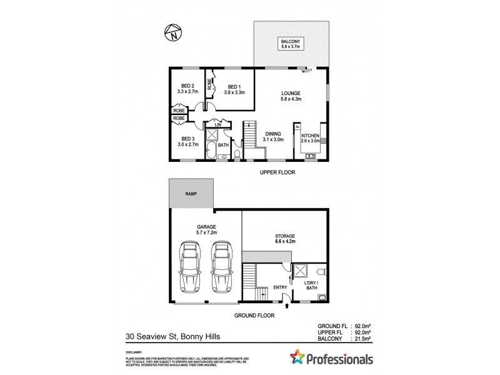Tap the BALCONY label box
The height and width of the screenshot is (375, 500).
pos(291,43)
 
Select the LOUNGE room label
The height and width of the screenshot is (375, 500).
pos(291,95)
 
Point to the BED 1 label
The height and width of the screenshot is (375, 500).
pos(234,89)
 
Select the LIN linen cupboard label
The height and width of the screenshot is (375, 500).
pos(217,125)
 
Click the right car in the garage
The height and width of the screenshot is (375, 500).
pos(221,267)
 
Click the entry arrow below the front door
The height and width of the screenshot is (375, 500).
pos(287,306)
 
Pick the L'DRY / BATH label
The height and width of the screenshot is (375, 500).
pos(311,287)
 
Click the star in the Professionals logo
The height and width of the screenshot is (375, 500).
pos(297,358)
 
